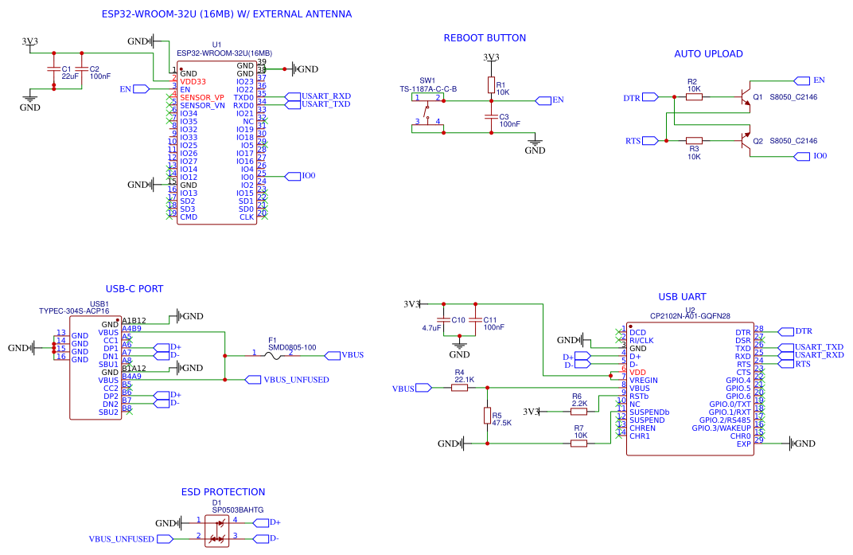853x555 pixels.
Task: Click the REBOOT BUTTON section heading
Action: tap(484, 37)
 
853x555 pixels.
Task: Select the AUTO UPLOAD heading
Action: tap(708, 54)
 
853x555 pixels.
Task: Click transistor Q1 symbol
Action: tap(746, 96)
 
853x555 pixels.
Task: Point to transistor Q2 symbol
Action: tap(746, 141)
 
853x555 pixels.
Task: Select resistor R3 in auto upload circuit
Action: tap(694, 141)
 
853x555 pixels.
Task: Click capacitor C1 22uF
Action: tap(53, 72)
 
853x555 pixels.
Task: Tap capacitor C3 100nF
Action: tap(491, 119)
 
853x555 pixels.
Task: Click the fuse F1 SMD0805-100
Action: tap(272, 355)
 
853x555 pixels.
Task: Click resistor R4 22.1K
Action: tap(459, 388)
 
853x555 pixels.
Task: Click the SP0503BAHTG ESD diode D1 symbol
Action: tap(216, 530)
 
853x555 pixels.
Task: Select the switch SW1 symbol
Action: tap(429, 111)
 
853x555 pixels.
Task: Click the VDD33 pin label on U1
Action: tap(193, 81)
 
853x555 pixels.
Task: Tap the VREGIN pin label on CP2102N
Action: tap(643, 380)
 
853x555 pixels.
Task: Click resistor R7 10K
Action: tap(579, 444)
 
